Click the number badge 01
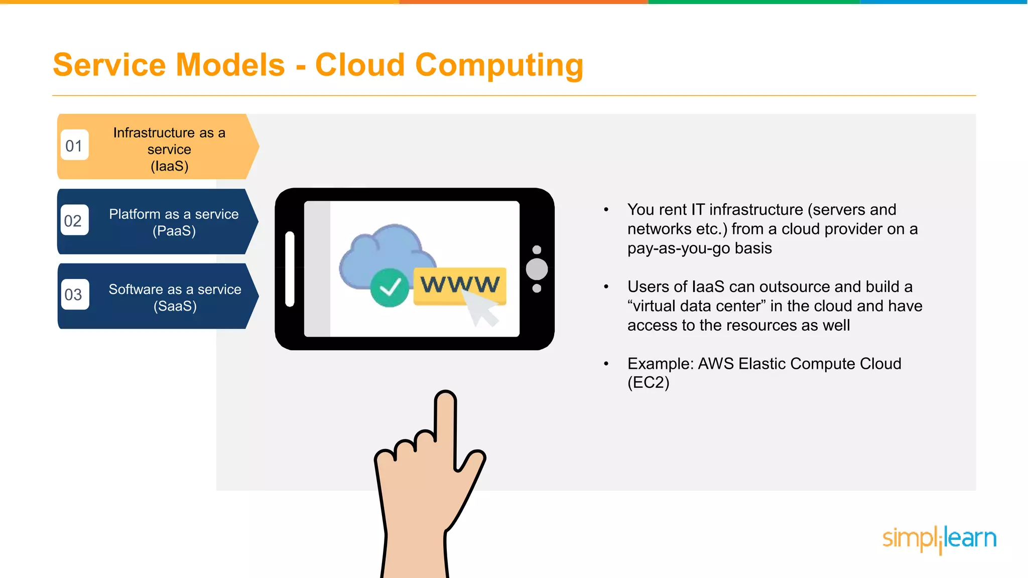pos(74,146)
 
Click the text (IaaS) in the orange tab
pos(170,166)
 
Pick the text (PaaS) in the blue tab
pos(174,231)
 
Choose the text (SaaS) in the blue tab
pos(175,306)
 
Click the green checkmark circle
pos(390,287)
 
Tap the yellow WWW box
pos(459,284)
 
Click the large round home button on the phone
pos(537,269)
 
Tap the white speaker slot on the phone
pos(290,268)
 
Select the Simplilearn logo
pos(939,539)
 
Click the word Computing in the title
pos(499,65)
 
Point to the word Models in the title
pos(230,65)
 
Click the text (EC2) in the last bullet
pos(648,383)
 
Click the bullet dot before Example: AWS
pos(606,364)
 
